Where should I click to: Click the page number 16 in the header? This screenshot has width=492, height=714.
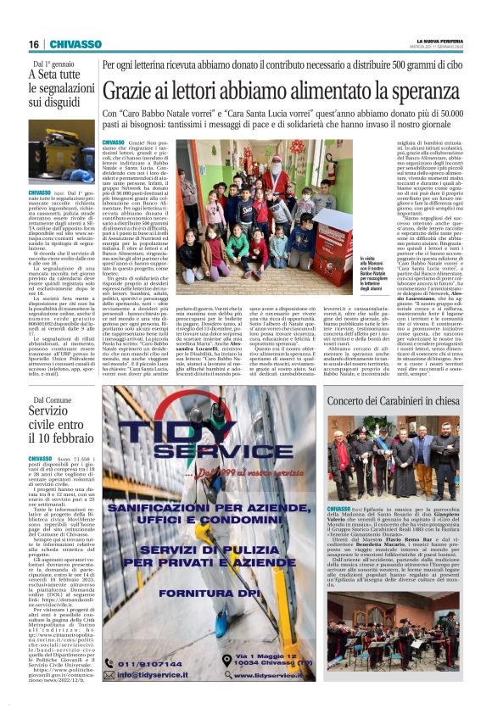34,44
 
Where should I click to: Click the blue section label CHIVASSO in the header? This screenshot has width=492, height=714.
75,44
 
